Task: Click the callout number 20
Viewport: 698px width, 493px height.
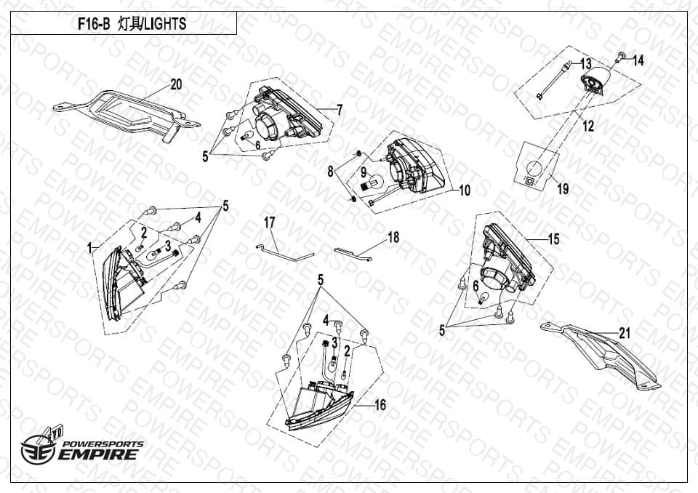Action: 176,84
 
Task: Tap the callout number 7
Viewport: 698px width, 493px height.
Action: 340,110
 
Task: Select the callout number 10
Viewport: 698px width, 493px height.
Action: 465,191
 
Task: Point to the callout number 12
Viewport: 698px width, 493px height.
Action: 588,126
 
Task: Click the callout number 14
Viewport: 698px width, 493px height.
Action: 638,60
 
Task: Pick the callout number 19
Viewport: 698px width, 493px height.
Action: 563,189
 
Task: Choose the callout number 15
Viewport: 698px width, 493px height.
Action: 553,239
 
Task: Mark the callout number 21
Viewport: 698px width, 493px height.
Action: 625,333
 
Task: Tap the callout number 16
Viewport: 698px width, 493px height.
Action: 380,405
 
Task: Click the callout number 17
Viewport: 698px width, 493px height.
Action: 270,223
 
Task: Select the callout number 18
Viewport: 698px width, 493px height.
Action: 393,237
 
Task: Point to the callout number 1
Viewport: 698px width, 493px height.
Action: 89,248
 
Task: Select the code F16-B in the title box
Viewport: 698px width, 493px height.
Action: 94,23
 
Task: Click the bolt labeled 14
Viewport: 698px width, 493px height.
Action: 619,56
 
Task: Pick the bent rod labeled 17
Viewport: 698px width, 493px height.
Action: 285,253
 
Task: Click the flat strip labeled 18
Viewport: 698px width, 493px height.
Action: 353,254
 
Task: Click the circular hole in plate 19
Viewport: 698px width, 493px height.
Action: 534,169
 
